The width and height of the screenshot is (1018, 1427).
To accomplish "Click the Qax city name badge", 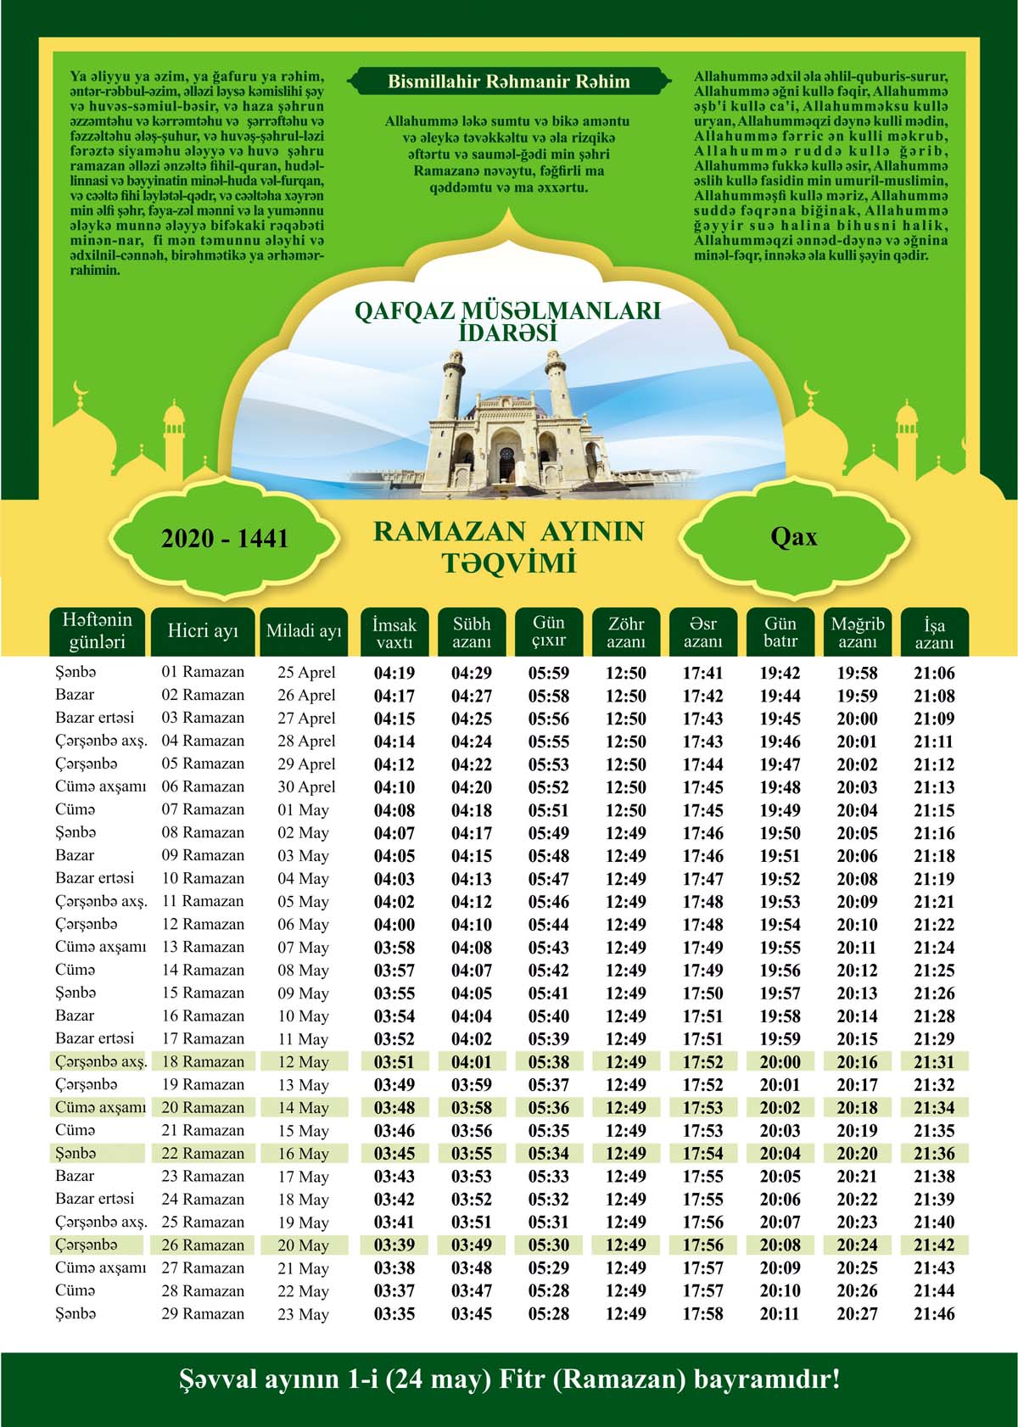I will pos(793,537).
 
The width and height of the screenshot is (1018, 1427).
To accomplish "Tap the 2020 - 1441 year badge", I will pos(225,539).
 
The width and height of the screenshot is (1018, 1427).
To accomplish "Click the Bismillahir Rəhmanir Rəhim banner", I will pos(508,82).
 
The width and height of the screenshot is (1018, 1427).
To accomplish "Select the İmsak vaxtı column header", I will pos(394,633).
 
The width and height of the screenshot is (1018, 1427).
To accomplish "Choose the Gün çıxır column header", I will pos(549,632).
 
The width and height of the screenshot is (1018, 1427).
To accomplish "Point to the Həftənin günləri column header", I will pos(97,632).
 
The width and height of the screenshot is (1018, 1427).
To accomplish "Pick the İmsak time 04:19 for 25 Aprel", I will pos(394,674).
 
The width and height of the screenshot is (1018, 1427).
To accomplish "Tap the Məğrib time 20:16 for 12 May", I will pos(858,1062).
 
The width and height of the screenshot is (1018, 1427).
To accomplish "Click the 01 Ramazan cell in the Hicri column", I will pos(203,672).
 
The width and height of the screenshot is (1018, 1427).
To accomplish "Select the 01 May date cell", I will pos(303,810).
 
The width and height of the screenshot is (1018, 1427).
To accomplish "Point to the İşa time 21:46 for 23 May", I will pos(934,1314).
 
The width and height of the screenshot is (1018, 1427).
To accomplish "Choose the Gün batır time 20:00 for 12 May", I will pos(780,1062).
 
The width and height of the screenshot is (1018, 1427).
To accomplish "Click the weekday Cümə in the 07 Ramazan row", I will pos(76,809).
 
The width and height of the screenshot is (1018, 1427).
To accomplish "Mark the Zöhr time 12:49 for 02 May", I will pos(626,833).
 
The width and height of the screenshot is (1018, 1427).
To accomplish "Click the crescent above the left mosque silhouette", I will pos(82,389).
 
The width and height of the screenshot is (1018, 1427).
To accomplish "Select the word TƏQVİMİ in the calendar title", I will pos(508,562).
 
